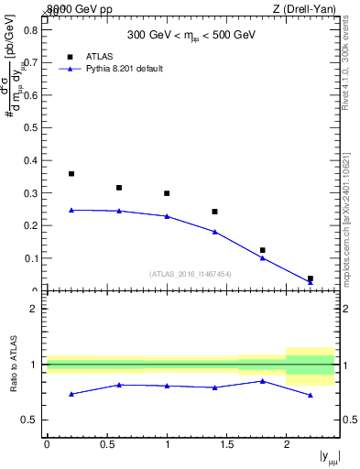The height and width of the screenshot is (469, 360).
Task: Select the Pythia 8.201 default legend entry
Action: pyautogui.click(x=124, y=69)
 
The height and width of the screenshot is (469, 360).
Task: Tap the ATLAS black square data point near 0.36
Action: pyautogui.click(x=71, y=173)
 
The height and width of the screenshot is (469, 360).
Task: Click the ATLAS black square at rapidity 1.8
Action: pyautogui.click(x=263, y=250)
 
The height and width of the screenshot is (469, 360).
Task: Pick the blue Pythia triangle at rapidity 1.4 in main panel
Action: pyautogui.click(x=214, y=232)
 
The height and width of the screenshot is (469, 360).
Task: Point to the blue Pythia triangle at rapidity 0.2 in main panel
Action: pyautogui.click(x=71, y=210)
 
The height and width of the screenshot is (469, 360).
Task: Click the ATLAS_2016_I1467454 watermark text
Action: pyautogui.click(x=191, y=273)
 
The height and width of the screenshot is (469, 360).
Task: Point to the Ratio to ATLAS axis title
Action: pyautogui.click(x=13, y=364)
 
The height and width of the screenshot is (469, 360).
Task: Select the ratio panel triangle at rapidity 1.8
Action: pyautogui.click(x=263, y=381)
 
